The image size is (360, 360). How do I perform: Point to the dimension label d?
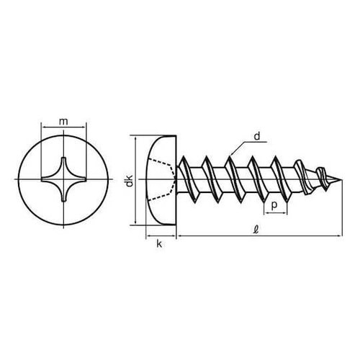(x=256, y=135)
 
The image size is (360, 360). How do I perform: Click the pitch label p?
(x=275, y=205)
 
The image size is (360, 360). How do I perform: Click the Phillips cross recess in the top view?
(x=63, y=180)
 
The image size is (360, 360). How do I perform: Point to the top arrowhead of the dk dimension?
(x=137, y=139)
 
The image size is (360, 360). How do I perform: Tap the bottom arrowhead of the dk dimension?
(x=137, y=221)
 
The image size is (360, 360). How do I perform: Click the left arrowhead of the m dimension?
(x=46, y=130)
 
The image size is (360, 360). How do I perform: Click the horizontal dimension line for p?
(x=275, y=214)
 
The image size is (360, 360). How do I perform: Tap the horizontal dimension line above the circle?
(x=63, y=130)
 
